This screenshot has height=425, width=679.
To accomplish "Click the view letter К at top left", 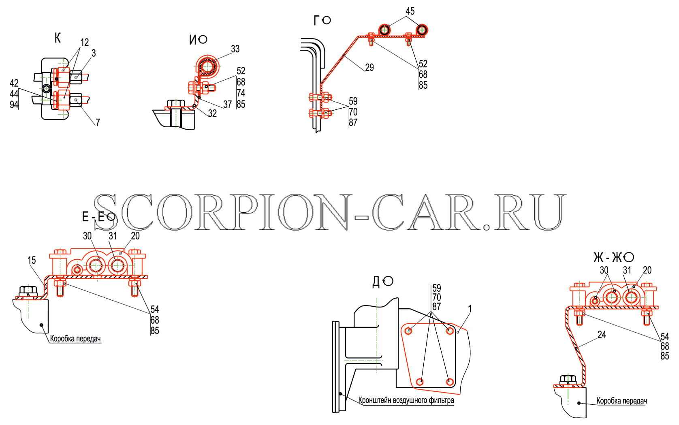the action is (58, 38).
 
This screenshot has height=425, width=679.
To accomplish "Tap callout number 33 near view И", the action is (235, 49).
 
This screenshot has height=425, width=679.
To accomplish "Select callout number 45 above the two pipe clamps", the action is (410, 11).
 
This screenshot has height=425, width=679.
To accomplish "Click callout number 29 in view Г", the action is (369, 67).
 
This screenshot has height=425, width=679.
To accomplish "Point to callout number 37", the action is (227, 104).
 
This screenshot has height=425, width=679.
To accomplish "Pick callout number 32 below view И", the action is (212, 113).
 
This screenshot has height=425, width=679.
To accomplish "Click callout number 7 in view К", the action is (98, 122).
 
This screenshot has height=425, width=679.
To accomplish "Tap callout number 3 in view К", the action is (94, 53).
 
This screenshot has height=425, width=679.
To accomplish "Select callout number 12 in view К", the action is (85, 43).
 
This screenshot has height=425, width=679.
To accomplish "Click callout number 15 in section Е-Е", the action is (32, 260).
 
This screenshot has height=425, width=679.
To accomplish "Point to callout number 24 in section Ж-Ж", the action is (602, 335).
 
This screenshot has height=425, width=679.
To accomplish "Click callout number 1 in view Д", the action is (470, 309).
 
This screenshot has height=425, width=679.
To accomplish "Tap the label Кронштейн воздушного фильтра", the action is (406, 400).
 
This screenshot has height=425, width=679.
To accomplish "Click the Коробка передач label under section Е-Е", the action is (75, 339).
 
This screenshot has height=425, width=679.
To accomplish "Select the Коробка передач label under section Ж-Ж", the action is (621, 401).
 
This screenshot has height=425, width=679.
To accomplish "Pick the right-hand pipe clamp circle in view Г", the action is (421, 30).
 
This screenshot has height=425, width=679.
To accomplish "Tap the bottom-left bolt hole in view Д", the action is (420, 382).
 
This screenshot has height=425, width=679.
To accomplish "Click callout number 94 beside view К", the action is (14, 105).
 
